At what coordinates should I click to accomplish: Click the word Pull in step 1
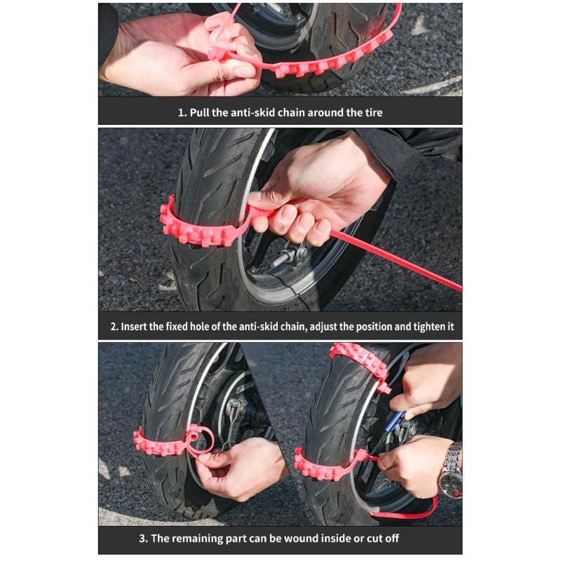click(202, 112)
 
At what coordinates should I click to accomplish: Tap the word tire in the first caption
click(372, 112)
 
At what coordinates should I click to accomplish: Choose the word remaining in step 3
click(218, 539)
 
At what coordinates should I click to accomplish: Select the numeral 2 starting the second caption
click(113, 326)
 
